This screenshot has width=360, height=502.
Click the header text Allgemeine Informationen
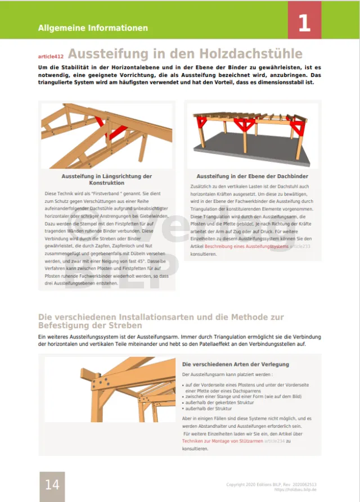pyautogui.click(x=93, y=28)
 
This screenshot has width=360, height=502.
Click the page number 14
pyautogui.click(x=52, y=484)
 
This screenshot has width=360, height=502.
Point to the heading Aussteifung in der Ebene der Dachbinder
pyautogui.click(x=252, y=177)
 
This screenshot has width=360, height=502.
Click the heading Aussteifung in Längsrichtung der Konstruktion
pyautogui.click(x=107, y=179)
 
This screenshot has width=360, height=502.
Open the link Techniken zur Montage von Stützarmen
pyautogui.click(x=222, y=441)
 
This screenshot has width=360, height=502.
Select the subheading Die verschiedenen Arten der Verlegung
pyautogui.click(x=236, y=364)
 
